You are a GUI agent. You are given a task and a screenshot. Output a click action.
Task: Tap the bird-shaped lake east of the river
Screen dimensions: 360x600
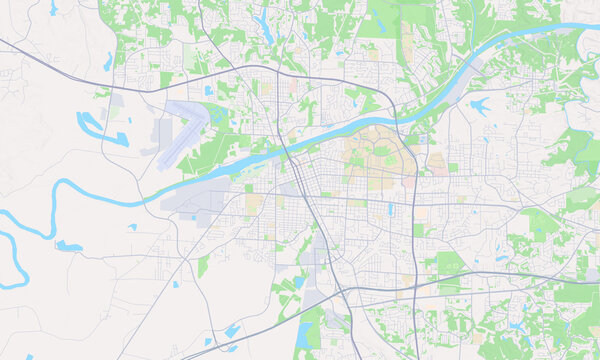(x=478, y=104)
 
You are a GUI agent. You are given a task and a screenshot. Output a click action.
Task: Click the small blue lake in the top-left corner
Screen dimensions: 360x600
(x=52, y=8)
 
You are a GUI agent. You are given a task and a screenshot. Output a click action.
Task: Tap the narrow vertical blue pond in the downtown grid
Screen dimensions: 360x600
(x=390, y=209)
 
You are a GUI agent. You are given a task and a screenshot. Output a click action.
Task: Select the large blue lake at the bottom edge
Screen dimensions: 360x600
(x=304, y=335)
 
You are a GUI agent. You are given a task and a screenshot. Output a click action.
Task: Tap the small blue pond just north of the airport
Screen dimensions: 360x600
(x=207, y=91)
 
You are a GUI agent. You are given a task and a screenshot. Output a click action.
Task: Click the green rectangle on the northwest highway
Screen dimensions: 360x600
(x=166, y=79)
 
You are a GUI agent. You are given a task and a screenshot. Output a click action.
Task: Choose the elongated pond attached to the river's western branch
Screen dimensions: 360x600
(x=68, y=246)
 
